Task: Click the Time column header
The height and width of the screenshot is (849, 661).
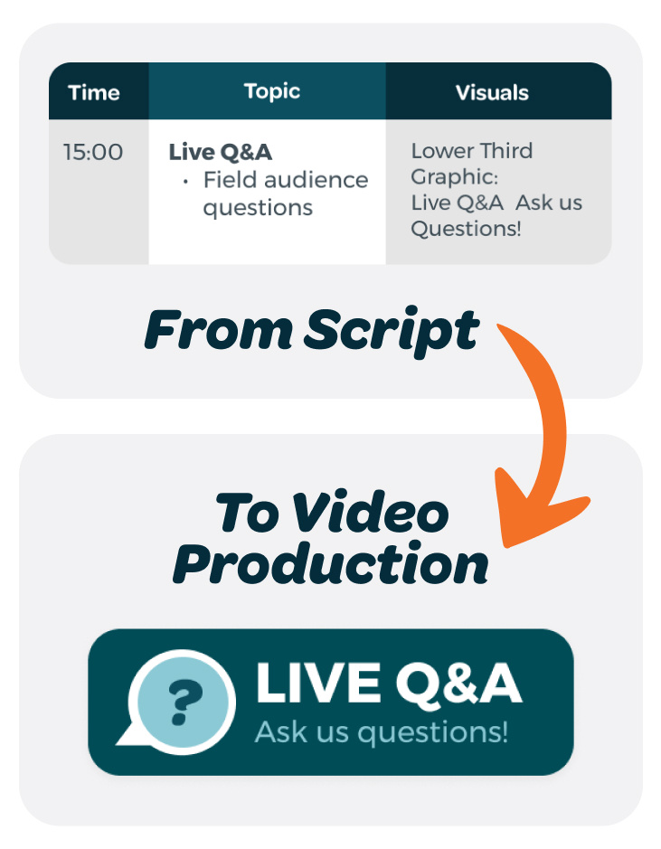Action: pos(94,92)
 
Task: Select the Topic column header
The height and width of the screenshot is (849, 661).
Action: pos(272,91)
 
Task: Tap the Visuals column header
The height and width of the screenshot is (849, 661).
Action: pos(492,92)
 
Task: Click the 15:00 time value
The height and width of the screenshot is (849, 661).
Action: pos(93,152)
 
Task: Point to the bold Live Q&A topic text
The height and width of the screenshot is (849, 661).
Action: pos(221,152)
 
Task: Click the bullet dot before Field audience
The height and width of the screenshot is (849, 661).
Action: pos(185,182)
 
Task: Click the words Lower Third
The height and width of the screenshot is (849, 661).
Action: pos(471,150)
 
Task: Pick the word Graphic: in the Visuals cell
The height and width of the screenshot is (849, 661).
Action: pos(454,177)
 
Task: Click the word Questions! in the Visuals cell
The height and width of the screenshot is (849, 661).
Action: pos(466,229)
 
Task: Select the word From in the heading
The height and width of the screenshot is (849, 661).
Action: pos(218,330)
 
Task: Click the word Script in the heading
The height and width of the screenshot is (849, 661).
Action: pos(392,331)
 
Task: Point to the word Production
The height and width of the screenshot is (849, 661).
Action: pos(330,563)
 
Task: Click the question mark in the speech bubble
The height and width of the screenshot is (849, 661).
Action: pos(185,703)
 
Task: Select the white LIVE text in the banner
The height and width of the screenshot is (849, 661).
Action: pos(318,684)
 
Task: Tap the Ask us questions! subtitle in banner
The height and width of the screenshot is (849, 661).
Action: pos(382,732)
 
